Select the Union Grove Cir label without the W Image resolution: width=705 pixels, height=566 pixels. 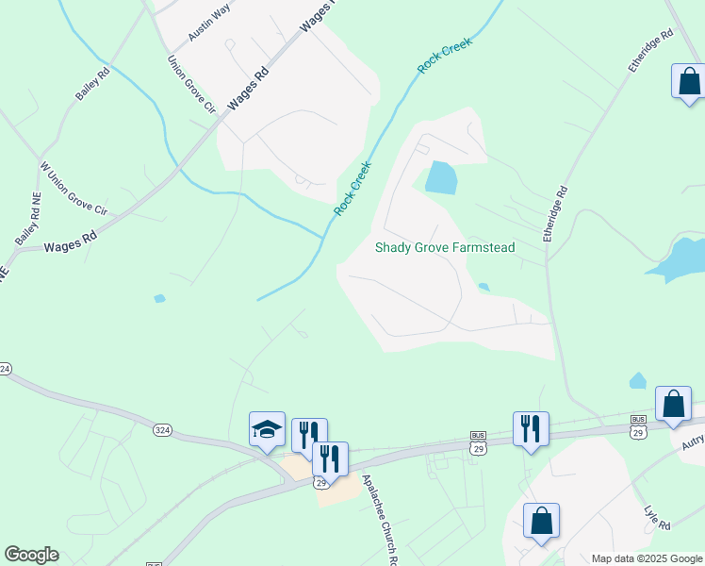(191, 85)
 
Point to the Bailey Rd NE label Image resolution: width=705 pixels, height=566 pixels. (28, 221)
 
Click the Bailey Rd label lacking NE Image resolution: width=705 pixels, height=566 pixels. (94, 84)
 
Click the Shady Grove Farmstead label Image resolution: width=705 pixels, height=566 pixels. (445, 247)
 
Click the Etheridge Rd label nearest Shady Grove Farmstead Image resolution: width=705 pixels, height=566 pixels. (557, 214)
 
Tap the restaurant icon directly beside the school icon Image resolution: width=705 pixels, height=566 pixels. (308, 435)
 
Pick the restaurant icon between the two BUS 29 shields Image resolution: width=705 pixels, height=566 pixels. (531, 428)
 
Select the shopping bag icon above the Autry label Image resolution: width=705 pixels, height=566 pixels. (674, 404)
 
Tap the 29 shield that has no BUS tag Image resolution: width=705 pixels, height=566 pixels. (321, 482)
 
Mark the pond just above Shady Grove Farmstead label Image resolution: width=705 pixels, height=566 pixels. (440, 177)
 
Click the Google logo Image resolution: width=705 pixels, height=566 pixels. (31, 555)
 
